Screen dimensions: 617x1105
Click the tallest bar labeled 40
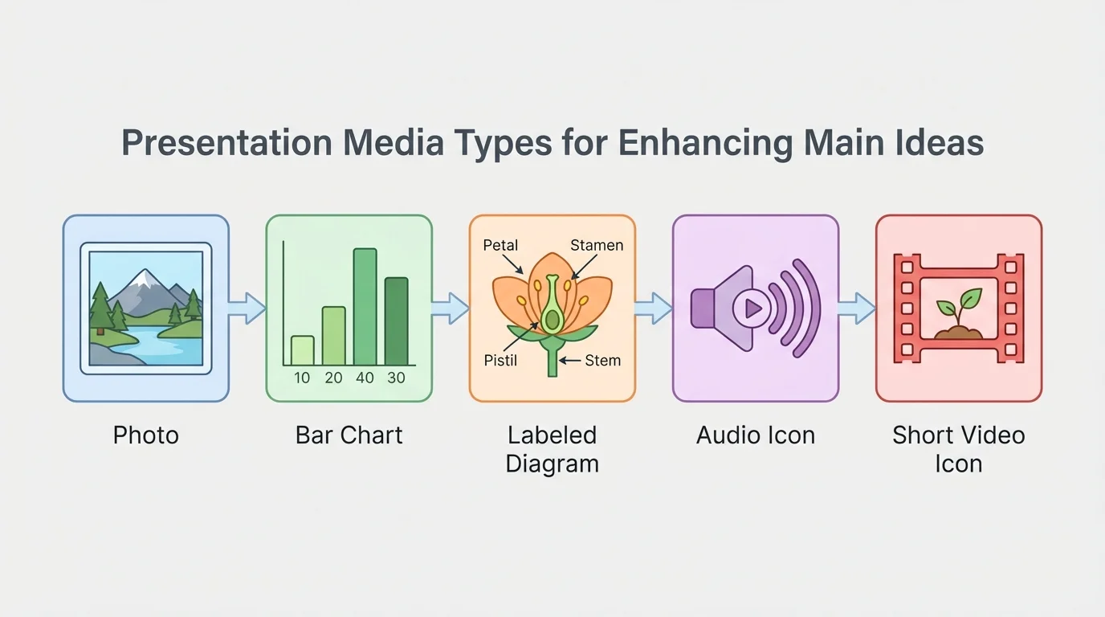365,307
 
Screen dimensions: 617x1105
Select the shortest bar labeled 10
302,350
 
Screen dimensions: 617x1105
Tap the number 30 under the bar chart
396,378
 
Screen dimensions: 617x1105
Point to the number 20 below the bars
333,378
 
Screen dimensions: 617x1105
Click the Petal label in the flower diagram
500,246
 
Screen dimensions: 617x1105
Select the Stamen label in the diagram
597,246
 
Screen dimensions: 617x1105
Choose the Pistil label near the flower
500,360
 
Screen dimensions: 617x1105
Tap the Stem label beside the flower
602,360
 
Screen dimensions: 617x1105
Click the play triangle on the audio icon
753,308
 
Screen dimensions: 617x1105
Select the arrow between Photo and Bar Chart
247,308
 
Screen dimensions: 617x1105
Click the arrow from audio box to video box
857,308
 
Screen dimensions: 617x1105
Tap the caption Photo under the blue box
145,435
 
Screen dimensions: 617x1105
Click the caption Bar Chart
349,435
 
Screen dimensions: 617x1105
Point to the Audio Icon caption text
755,435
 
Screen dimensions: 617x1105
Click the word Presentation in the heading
226,144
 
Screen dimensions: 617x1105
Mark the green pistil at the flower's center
552,313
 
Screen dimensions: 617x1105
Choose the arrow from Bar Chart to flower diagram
451,308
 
